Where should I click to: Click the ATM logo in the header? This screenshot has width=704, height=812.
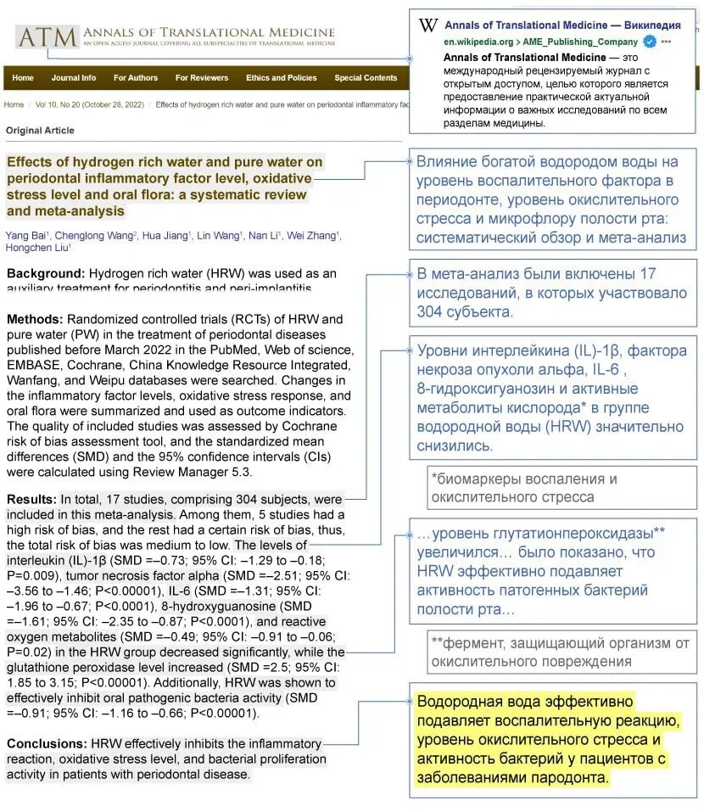(47, 36)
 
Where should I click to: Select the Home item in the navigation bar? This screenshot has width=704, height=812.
(23, 78)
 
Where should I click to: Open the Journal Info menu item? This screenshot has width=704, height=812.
(74, 78)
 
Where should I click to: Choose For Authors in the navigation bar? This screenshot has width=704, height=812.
(136, 78)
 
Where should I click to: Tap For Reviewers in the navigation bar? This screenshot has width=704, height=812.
(202, 78)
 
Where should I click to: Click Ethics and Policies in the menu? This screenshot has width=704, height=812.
(281, 78)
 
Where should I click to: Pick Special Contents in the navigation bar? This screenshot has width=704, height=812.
(366, 78)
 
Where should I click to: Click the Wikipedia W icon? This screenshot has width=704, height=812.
(428, 25)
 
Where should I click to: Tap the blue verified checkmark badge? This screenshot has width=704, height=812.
(649, 42)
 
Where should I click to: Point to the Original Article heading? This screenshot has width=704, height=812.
(40, 131)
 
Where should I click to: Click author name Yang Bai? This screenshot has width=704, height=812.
(25, 235)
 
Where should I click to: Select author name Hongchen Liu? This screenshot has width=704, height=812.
(37, 248)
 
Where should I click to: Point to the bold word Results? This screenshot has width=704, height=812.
(32, 500)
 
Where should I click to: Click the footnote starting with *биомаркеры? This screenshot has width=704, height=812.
(523, 488)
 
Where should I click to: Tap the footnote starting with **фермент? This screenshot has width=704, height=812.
(560, 652)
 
